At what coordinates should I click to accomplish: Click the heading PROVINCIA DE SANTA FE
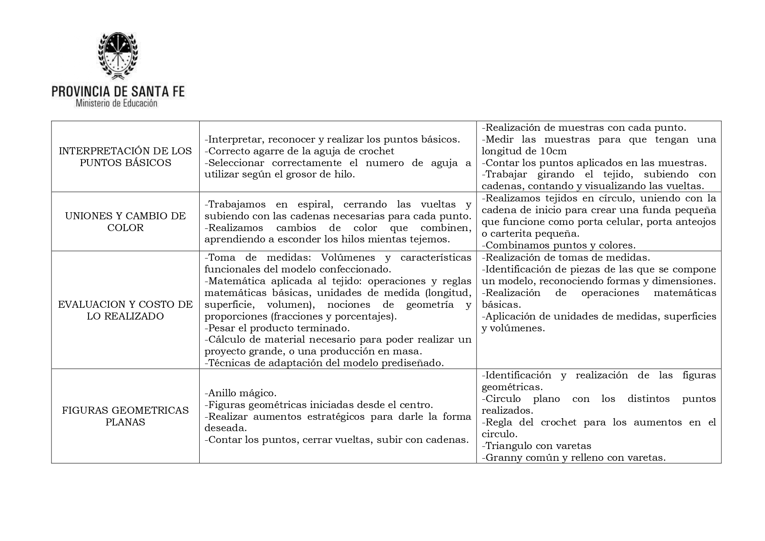click(x=118, y=91)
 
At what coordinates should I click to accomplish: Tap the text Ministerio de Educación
click(x=116, y=104)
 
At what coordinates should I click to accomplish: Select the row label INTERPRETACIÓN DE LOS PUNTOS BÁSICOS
click(x=126, y=157)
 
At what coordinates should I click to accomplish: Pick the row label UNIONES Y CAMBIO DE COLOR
click(x=126, y=222)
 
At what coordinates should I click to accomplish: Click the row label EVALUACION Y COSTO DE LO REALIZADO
click(x=126, y=310)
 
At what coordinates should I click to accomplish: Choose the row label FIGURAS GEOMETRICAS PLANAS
click(x=126, y=416)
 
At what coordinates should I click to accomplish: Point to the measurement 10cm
click(x=553, y=151)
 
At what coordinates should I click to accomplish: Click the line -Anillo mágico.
click(x=241, y=393)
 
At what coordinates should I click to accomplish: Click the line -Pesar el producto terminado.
click(x=277, y=328)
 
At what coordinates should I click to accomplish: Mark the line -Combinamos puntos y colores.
click(x=558, y=245)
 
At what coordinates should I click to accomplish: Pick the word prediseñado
click(x=413, y=363)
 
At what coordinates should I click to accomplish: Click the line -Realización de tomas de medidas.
click(x=566, y=257)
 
